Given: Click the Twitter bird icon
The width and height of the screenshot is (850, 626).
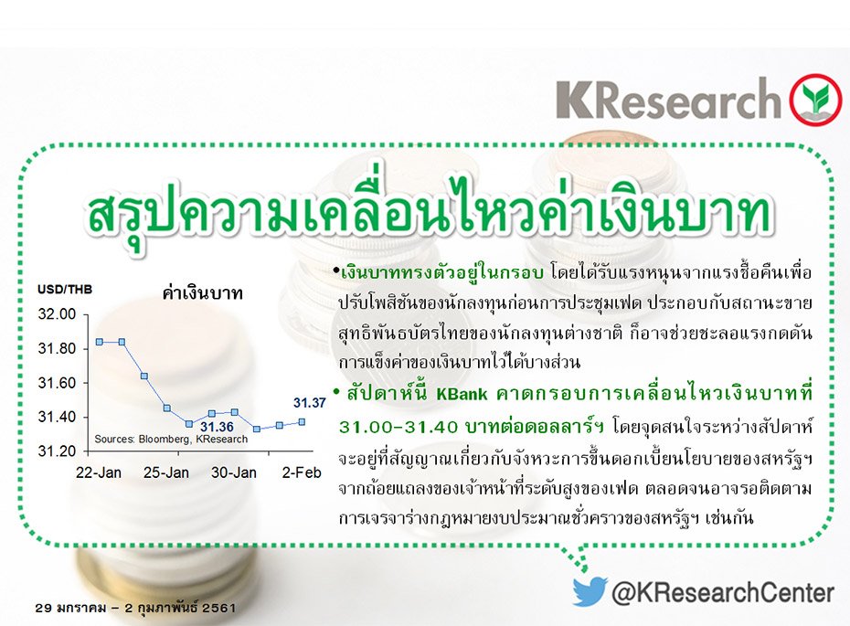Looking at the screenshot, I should tap(590, 591).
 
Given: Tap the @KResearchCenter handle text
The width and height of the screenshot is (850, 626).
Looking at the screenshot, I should tap(722, 592).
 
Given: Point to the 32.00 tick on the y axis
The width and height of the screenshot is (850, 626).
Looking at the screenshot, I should tap(57, 314).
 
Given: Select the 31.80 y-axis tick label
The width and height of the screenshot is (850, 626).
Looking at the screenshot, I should tap(57, 349).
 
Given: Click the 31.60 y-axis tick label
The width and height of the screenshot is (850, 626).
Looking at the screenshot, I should tap(57, 383).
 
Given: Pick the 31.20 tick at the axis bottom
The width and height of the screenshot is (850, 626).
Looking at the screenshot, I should tap(57, 451).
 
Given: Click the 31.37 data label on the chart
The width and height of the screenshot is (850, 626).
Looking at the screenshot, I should tap(309, 402).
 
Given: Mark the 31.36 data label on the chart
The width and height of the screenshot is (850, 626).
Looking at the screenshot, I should tap(217, 427).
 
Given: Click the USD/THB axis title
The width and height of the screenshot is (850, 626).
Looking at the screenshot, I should tap(62, 291).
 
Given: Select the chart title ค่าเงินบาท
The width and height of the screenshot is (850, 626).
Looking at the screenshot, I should tap(193, 294).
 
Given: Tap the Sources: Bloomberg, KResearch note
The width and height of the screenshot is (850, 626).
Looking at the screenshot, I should tap(171, 440).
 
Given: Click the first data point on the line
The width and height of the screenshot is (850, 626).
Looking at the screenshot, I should tap(98, 342).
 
